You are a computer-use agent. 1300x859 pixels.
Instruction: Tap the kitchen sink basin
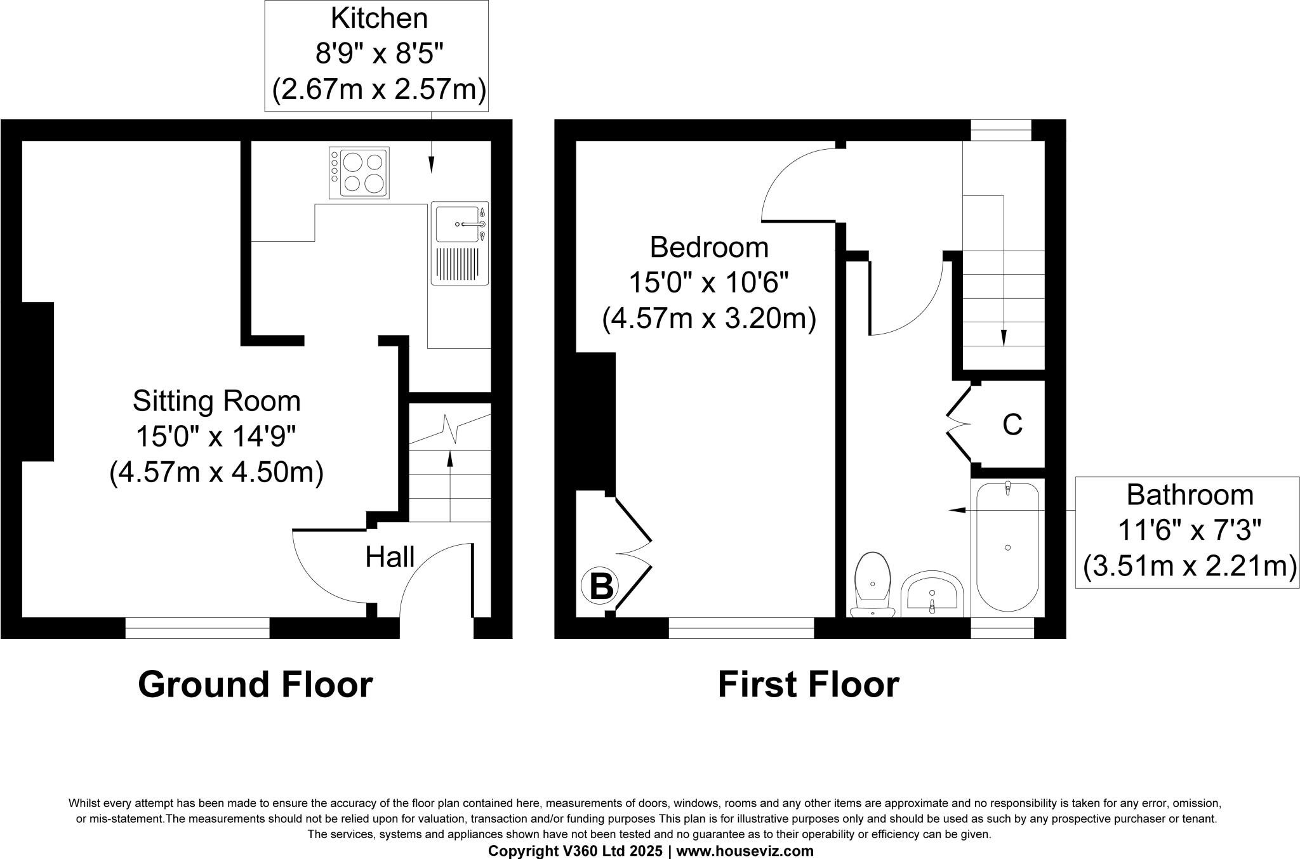(x=457, y=224)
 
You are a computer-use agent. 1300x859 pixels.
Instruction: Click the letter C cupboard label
(x=1012, y=425)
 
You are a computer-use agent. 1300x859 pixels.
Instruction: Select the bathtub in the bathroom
(x=1007, y=547)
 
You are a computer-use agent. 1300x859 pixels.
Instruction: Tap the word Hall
(x=390, y=557)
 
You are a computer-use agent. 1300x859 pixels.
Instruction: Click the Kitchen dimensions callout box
(x=379, y=55)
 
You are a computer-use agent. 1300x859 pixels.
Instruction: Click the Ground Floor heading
(x=255, y=685)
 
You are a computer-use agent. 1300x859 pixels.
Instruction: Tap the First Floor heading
(x=808, y=685)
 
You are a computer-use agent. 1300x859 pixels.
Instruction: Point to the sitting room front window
(x=197, y=627)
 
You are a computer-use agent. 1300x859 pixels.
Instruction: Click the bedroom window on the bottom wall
(x=741, y=627)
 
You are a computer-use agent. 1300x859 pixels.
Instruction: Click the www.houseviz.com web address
(x=745, y=851)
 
